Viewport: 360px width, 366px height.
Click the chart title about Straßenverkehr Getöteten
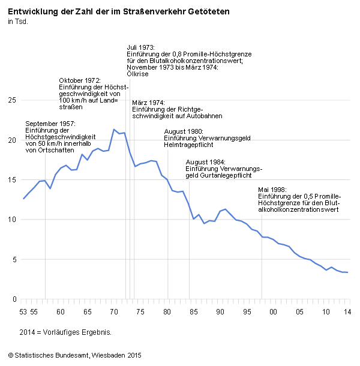pyautogui.click(x=118, y=11)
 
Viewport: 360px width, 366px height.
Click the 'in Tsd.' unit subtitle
pyautogui.click(x=17, y=22)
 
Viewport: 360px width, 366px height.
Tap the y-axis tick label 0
pyautogui.click(x=14, y=299)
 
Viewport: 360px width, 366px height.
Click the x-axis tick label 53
pyautogui.click(x=23, y=312)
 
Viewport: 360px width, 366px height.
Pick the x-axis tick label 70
pyautogui.click(x=113, y=312)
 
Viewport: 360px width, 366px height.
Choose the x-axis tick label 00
pyautogui.click(x=272, y=312)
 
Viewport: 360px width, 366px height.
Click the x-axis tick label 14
pyautogui.click(x=347, y=312)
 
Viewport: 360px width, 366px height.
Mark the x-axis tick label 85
pyautogui.click(x=193, y=312)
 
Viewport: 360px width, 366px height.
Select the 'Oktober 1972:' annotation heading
pyautogui.click(x=80, y=80)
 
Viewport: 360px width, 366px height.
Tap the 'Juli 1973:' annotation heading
pyautogui.click(x=141, y=47)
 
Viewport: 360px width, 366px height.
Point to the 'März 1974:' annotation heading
pyautogui.click(x=148, y=103)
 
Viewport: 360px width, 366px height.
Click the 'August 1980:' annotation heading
pyautogui.click(x=184, y=131)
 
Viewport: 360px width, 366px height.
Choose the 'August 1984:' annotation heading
pyautogui.click(x=206, y=162)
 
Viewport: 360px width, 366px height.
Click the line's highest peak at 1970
pyautogui.click(x=114, y=129)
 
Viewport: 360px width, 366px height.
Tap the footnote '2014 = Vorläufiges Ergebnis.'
pyautogui.click(x=65, y=332)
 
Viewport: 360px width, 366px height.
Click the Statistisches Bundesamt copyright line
pyautogui.click(x=74, y=356)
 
